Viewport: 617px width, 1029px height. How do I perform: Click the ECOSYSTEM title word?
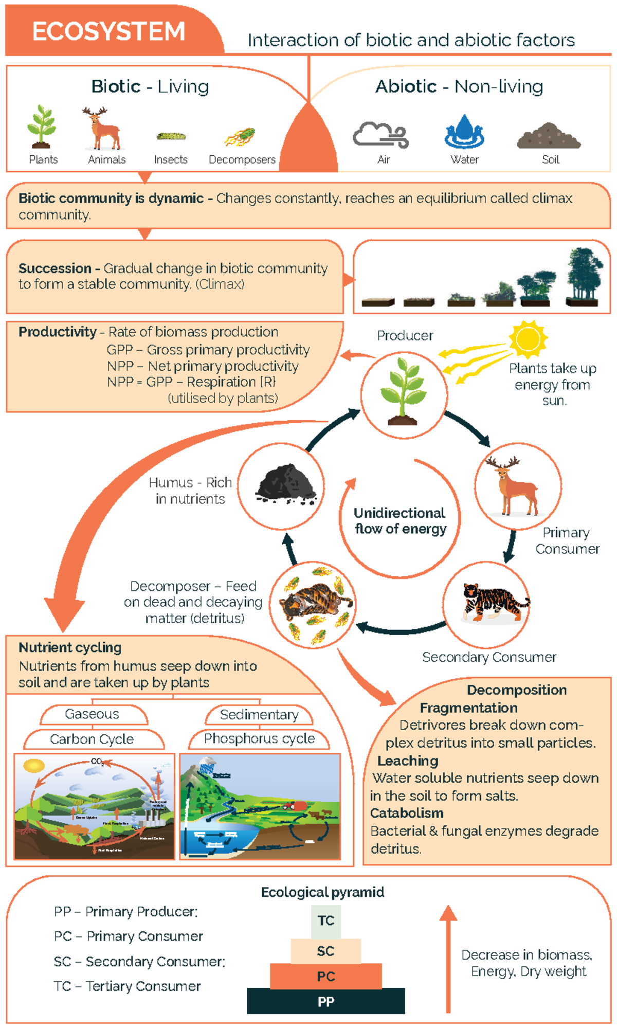(108, 31)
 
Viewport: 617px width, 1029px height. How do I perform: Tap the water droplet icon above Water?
(464, 132)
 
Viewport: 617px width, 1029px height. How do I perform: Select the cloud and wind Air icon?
(380, 135)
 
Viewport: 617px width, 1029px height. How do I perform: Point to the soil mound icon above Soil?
(549, 136)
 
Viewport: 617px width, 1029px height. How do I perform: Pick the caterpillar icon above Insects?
(171, 136)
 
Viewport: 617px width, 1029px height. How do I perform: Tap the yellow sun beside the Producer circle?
(528, 339)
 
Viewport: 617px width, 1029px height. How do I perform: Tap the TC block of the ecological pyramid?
(326, 920)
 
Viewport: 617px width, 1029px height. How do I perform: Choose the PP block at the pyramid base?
(326, 1001)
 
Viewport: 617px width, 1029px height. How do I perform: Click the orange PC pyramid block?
(326, 976)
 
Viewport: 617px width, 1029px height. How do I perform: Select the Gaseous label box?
(93, 714)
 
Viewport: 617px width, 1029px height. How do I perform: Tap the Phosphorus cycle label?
(259, 738)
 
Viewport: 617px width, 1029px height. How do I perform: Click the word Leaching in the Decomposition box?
(408, 761)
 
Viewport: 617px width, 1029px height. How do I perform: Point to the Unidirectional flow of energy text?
(400, 520)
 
